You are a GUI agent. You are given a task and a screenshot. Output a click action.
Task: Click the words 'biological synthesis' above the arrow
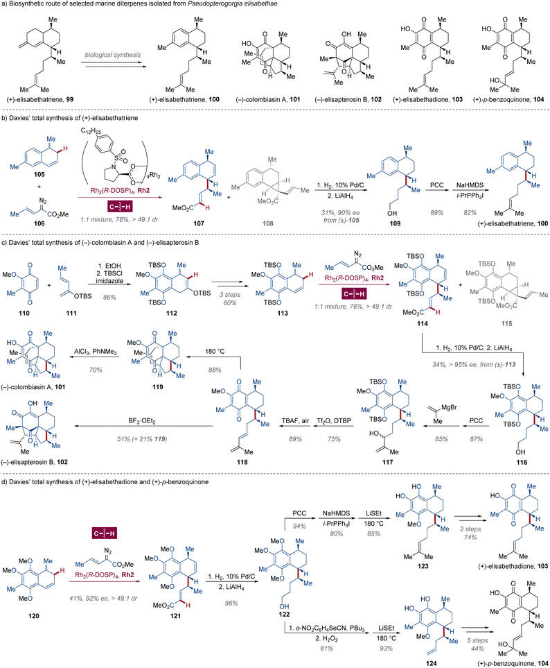116,51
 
